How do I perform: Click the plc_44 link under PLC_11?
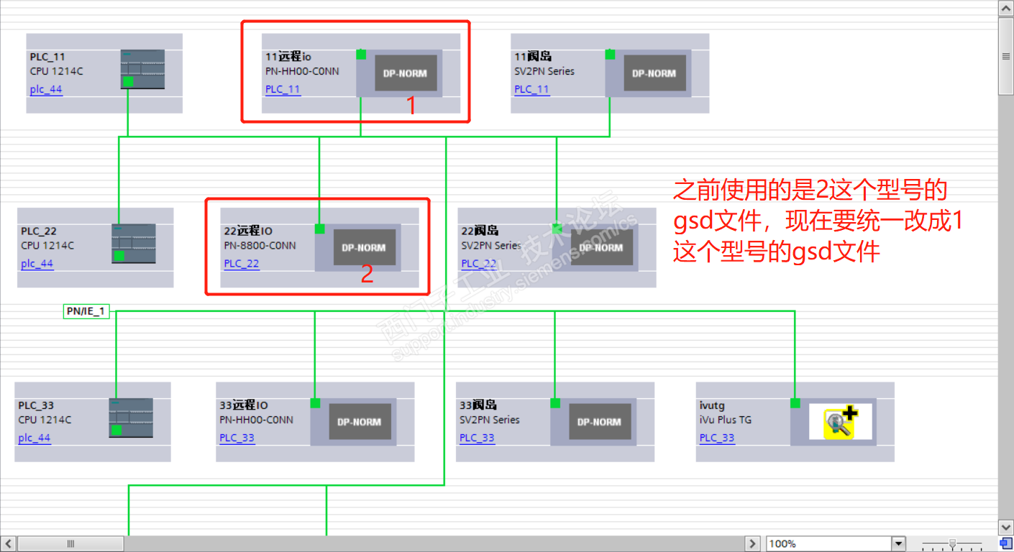pos(46,90)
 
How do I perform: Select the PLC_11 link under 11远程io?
pos(283,90)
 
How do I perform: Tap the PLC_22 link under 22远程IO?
pos(242,264)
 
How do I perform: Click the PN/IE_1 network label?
pos(86,311)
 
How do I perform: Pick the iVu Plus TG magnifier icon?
pos(840,422)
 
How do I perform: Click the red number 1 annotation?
pos(411,106)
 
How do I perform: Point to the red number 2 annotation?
pos(367,275)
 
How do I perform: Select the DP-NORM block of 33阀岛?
pos(599,422)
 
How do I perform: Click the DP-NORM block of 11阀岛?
pos(654,73)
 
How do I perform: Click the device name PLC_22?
pos(39,231)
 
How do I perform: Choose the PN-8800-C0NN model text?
pos(260,246)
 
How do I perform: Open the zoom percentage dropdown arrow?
pos(898,543)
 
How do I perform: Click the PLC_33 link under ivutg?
pos(717,438)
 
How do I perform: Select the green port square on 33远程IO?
pos(315,403)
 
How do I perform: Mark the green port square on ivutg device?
pos(795,403)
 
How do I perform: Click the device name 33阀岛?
pos(478,405)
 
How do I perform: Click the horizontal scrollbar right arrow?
pos(752,543)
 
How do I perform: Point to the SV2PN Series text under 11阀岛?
pos(544,71)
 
